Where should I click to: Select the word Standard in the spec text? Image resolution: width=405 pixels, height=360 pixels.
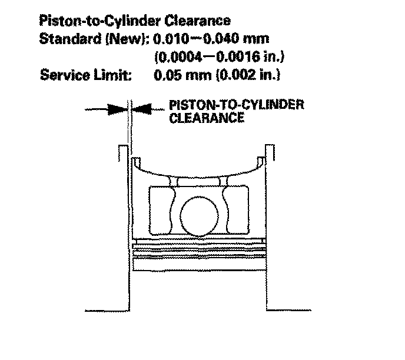click(x=65, y=39)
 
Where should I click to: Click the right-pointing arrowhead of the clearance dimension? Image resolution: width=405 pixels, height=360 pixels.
click(x=121, y=109)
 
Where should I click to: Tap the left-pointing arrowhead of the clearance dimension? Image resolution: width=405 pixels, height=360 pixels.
click(x=141, y=109)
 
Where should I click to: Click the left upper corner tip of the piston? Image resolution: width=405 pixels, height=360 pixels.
click(x=135, y=159)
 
